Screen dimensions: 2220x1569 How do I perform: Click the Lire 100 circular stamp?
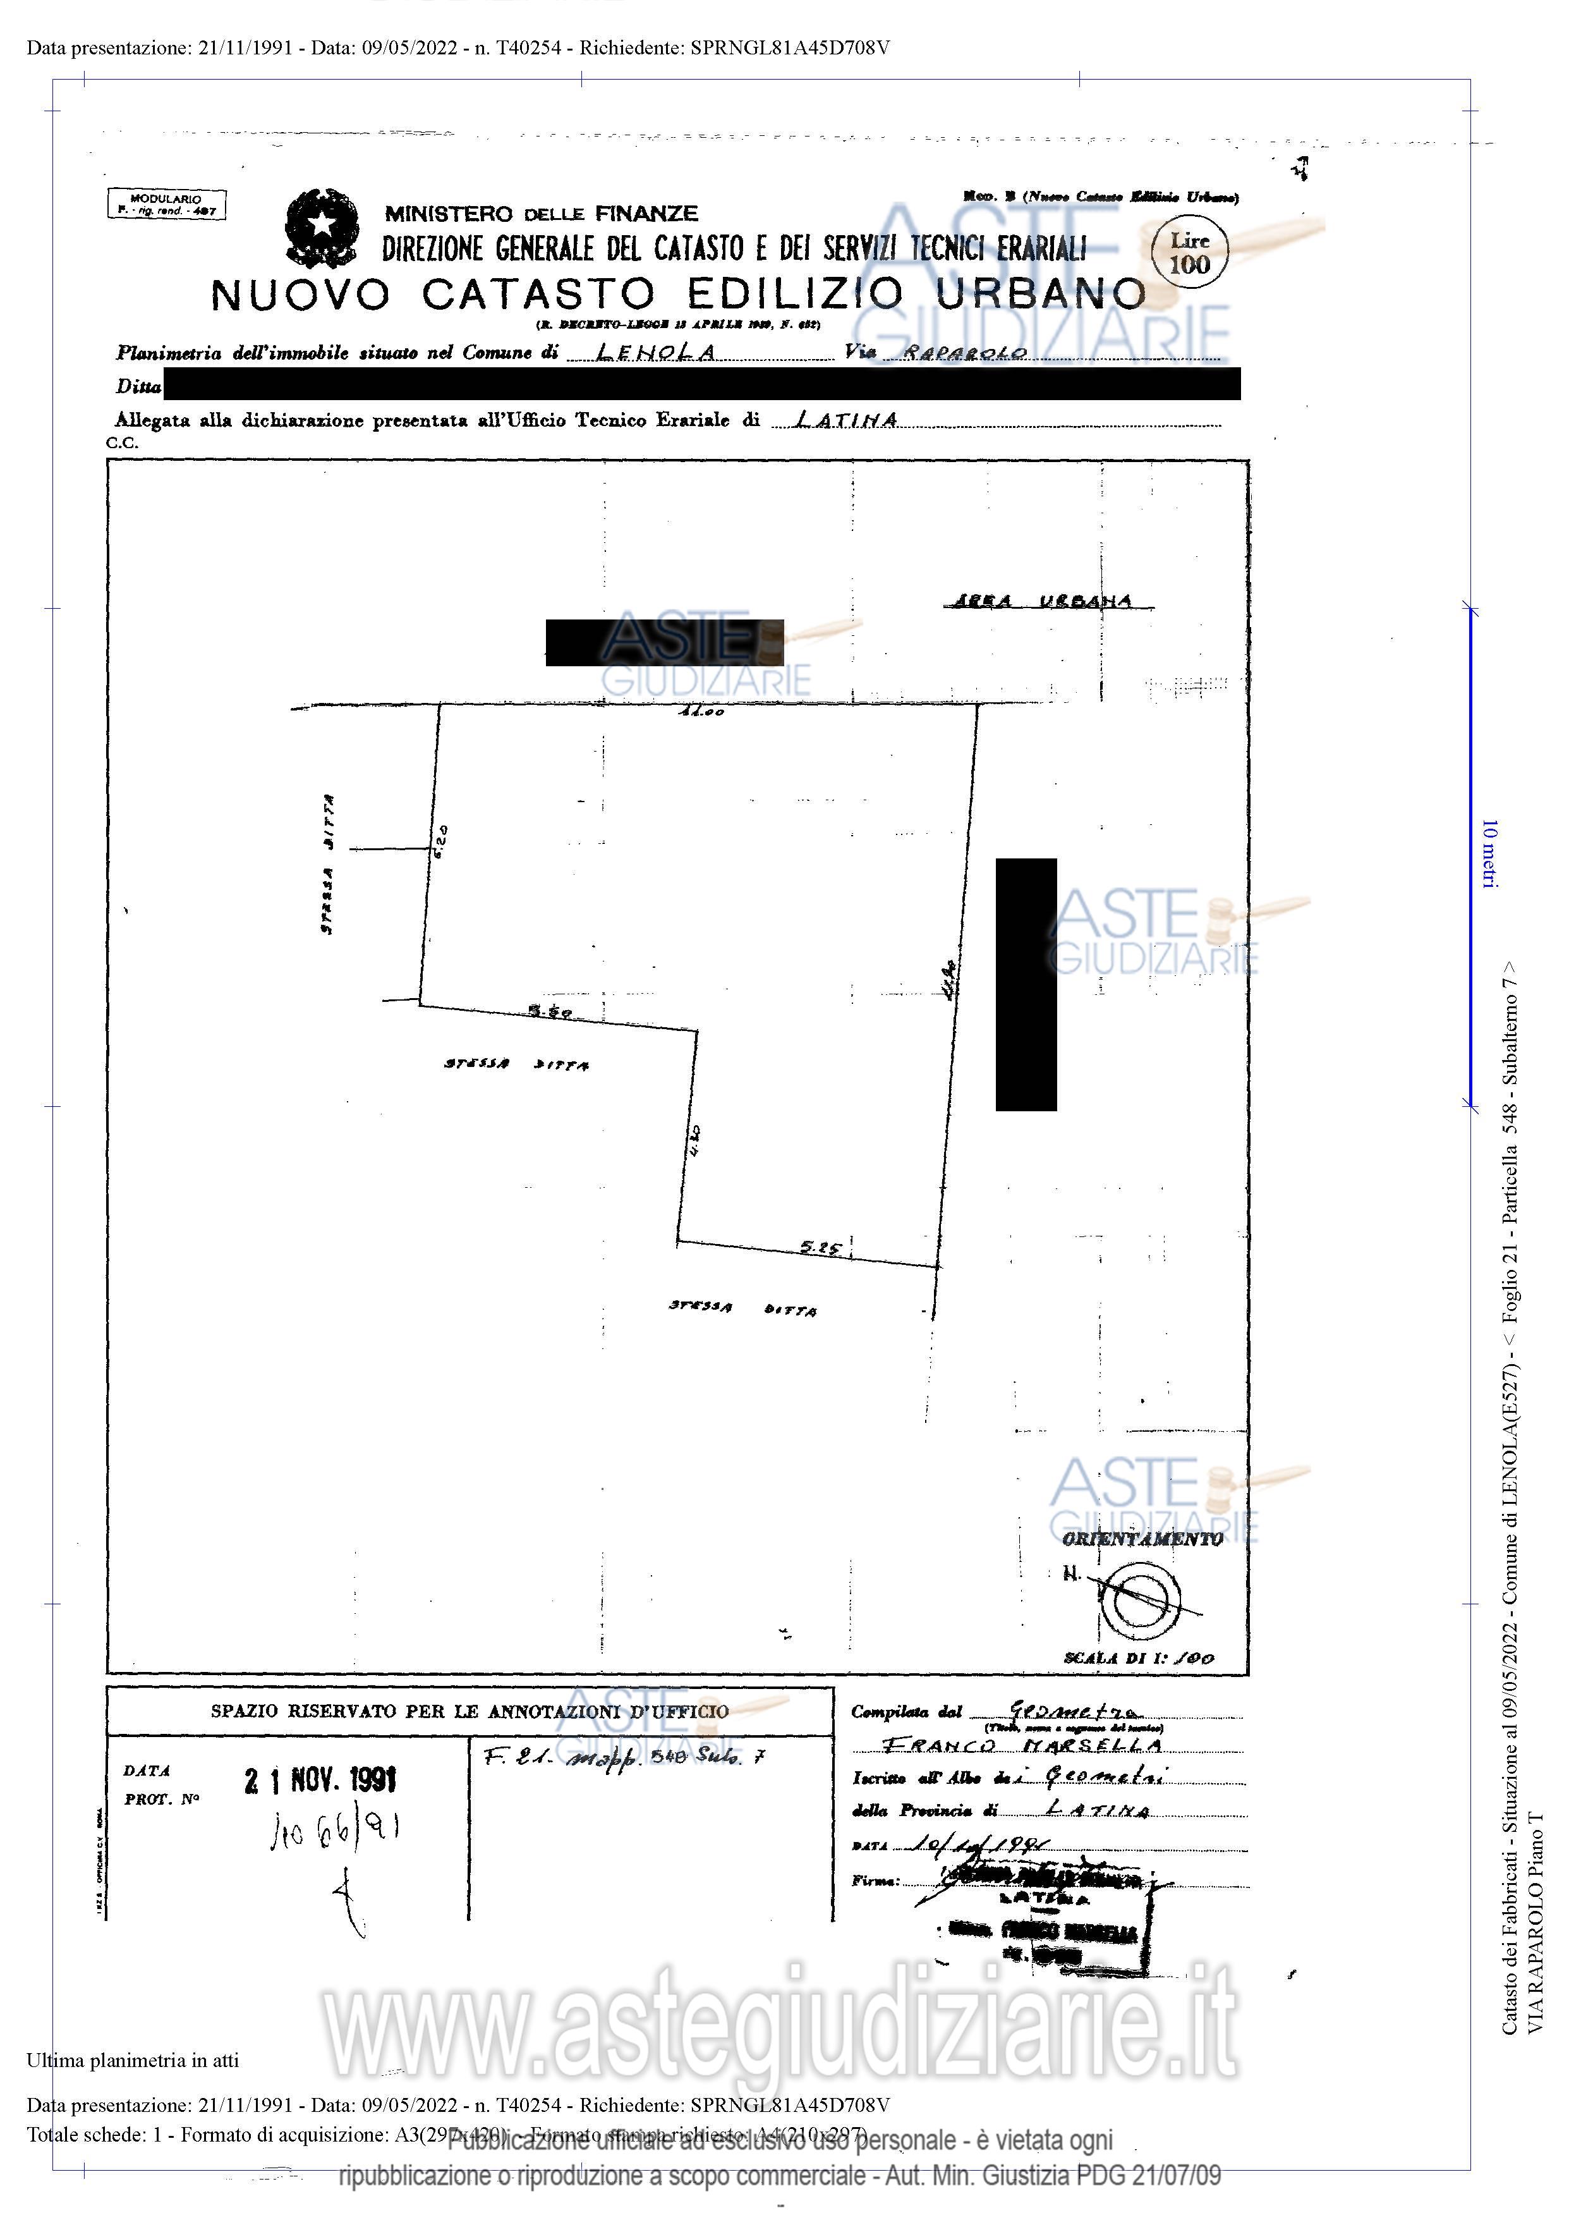coord(1189,254)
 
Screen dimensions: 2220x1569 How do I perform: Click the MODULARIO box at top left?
coord(166,204)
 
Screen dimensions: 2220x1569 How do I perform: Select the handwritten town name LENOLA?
coord(657,352)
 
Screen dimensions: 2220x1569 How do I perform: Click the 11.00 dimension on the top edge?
coord(701,712)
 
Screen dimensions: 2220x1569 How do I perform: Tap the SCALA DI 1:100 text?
coord(1138,1657)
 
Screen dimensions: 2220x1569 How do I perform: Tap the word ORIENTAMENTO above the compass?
coord(1142,1539)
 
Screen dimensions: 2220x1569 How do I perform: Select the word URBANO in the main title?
coord(1041,294)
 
